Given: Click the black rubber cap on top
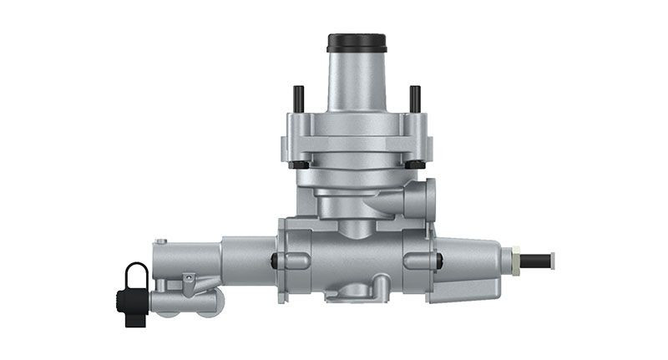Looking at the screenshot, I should pos(357,43).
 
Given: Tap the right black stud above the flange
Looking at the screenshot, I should pos(413,98).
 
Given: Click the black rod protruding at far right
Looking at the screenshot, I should pos(538,261).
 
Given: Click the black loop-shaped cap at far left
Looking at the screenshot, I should pos(136,276).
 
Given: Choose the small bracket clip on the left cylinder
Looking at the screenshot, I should pos(190,284).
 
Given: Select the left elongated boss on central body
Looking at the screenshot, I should pos(294,260).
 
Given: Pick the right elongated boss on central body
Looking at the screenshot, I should pos(417,260).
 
